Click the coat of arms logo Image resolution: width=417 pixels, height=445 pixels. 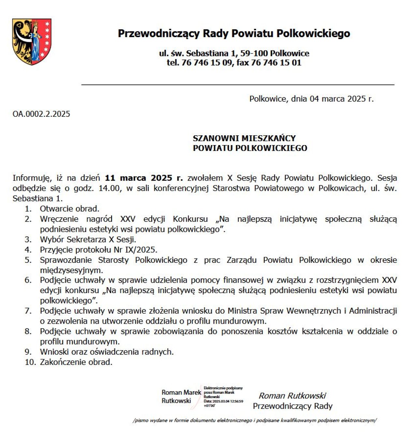point(32,41)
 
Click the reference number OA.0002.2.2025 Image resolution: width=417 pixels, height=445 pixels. point(41,114)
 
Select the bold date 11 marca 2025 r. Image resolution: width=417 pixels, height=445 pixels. point(143,178)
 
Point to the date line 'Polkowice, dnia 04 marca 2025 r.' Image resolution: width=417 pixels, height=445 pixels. point(311,99)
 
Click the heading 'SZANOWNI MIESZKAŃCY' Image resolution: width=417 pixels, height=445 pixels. point(244,138)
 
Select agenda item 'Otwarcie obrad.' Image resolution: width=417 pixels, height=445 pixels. point(69,209)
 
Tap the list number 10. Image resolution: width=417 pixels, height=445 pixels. point(30,362)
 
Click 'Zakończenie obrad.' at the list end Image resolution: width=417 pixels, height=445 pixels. point(76,362)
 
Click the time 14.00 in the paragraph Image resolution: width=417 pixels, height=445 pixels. point(109,188)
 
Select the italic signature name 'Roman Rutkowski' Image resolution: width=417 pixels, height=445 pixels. point(292,396)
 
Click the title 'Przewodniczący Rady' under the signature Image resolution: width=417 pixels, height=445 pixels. point(293,406)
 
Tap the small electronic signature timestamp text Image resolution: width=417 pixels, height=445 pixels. point(223,401)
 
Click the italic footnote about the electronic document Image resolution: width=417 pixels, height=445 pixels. point(254,420)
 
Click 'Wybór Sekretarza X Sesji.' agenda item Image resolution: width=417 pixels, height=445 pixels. point(88,239)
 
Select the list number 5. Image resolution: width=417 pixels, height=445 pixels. point(28,260)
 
